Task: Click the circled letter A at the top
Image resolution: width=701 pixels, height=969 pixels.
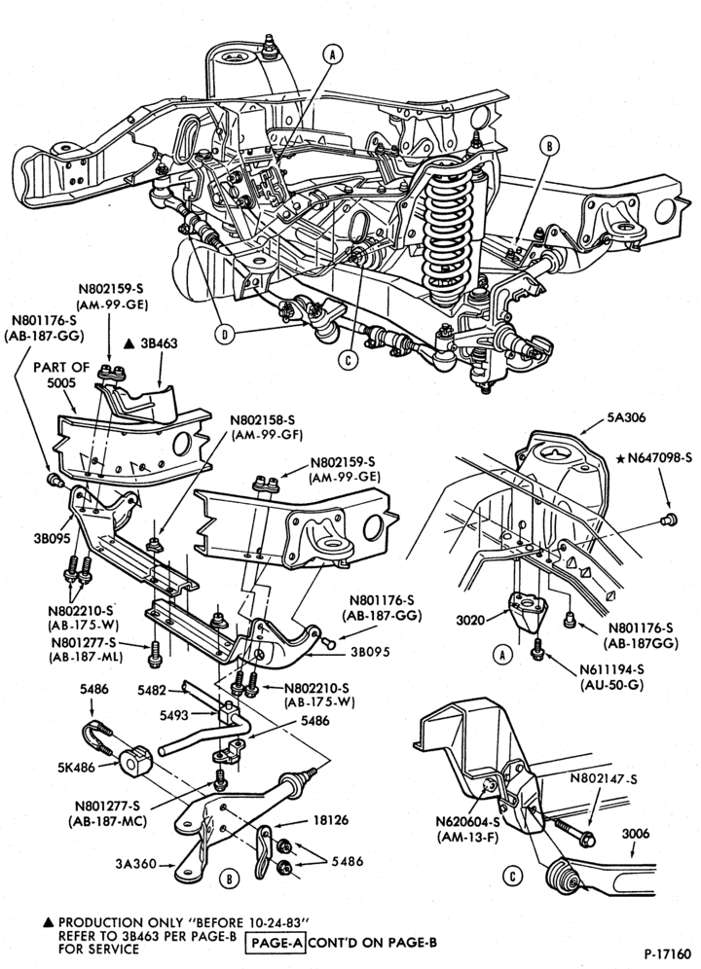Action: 333,55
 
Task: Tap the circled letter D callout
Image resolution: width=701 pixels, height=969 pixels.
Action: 224,335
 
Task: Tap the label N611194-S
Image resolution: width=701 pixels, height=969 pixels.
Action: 610,670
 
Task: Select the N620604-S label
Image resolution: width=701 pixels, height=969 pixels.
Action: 468,822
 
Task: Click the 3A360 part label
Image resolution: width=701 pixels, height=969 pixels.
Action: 135,864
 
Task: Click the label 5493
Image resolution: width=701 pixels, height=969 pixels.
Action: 174,715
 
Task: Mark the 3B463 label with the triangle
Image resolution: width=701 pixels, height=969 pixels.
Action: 151,343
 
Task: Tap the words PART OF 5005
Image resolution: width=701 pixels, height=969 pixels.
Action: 61,375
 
